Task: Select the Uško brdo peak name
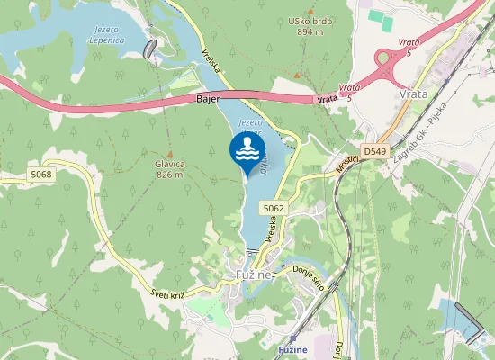(x=309, y=21)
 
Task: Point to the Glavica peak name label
(x=169, y=164)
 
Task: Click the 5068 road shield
(x=40, y=174)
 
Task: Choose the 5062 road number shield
(x=274, y=208)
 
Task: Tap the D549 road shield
(x=375, y=151)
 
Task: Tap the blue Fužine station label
(x=294, y=349)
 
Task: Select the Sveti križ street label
(x=169, y=289)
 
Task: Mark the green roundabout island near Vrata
(x=389, y=63)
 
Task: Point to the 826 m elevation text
(x=169, y=175)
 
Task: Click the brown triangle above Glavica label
(x=168, y=153)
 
